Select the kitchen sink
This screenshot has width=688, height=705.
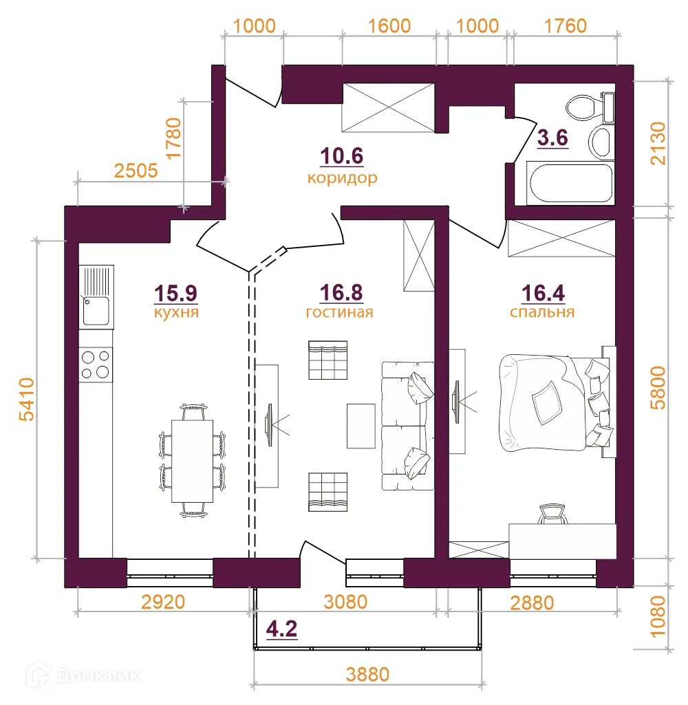click(x=96, y=296)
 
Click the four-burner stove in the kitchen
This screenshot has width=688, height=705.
click(x=96, y=365)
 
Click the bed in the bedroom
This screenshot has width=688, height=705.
click(x=550, y=402)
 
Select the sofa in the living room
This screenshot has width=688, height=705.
click(x=407, y=426)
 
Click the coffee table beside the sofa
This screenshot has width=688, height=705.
click(x=361, y=424)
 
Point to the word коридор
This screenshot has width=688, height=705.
click(x=343, y=178)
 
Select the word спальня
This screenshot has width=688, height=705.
click(x=542, y=312)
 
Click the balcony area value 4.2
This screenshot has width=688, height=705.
click(x=281, y=629)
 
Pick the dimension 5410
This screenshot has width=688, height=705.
click(x=27, y=399)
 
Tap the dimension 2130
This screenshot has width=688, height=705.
click(x=659, y=143)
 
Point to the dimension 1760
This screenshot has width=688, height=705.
click(x=566, y=26)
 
